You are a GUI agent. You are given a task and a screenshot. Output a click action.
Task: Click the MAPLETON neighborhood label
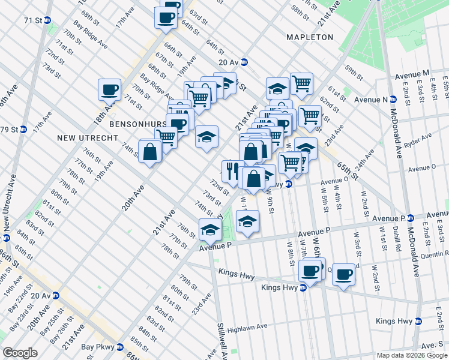click(309, 37)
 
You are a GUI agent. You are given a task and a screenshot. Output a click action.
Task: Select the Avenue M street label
click(412, 74)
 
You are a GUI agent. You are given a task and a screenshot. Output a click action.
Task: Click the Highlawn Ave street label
click(247, 328)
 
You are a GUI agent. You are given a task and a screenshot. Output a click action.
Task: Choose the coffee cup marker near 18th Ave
click(110, 90)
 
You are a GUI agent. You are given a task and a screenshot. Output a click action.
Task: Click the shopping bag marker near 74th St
click(149, 151)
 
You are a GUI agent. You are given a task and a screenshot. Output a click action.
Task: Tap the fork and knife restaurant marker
click(232, 170)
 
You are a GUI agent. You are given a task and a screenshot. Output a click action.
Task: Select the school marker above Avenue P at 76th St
click(210, 229)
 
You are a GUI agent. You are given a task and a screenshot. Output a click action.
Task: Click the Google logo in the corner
click(20, 353)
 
